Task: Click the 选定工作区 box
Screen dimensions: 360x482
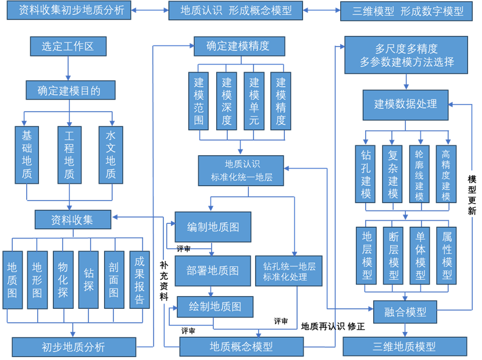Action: coord(67,46)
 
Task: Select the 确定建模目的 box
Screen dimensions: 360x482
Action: coord(70,90)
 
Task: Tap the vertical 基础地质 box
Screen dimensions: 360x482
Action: coord(27,155)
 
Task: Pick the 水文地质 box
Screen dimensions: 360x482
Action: coord(110,155)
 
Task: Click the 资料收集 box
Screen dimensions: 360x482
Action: coord(73,220)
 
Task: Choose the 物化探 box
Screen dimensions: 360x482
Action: coord(63,280)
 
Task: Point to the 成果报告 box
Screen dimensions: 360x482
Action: coord(139,280)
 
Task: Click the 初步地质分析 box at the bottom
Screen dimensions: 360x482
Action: coord(73,347)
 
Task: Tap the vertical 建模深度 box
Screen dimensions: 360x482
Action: coord(226,101)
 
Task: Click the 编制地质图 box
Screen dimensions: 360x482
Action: coord(213,226)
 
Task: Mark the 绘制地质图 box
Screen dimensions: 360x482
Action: coord(216,306)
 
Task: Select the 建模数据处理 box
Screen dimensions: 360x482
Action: coord(406,104)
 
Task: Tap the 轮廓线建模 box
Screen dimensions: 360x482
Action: coord(419,174)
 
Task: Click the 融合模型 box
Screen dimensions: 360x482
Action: coord(405,312)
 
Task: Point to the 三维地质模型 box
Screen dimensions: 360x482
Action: coord(405,347)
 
